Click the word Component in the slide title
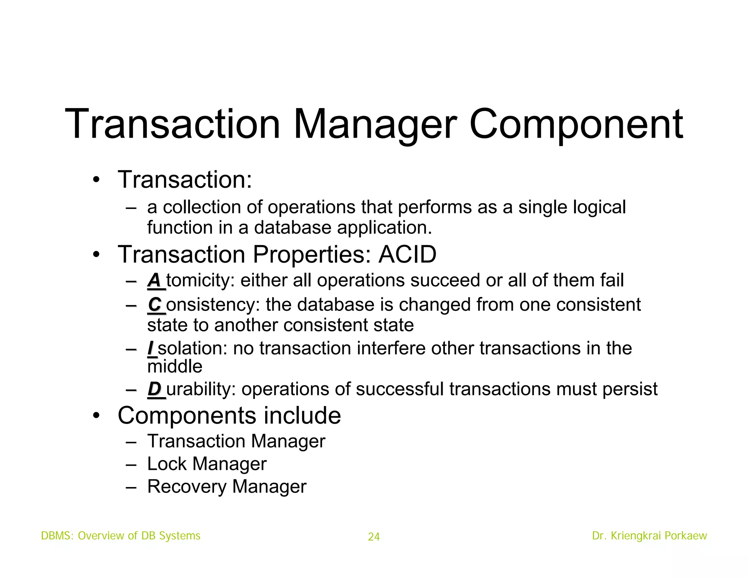click(x=575, y=125)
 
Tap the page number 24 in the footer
click(x=374, y=537)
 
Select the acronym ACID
click(x=407, y=254)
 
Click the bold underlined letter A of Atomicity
click(x=154, y=281)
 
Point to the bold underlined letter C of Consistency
click(x=155, y=305)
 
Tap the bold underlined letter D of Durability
click(x=154, y=389)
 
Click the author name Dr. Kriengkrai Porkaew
click(x=649, y=536)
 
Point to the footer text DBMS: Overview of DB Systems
click(x=121, y=536)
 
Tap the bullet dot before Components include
click(x=96, y=416)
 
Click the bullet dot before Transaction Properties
click(x=96, y=254)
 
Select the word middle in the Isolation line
click(x=175, y=366)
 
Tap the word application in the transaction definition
click(x=384, y=228)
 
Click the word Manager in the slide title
click(x=375, y=125)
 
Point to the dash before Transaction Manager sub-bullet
click(x=130, y=441)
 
